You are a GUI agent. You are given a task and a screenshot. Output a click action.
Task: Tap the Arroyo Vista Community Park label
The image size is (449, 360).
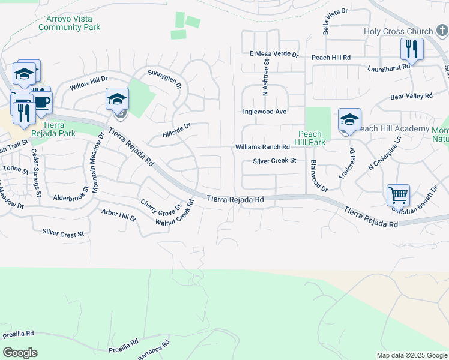click(69, 23)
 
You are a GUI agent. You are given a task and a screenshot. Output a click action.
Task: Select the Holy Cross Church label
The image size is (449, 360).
click(398, 32)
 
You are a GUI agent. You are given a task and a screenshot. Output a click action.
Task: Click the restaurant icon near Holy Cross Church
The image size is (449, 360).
click(412, 49)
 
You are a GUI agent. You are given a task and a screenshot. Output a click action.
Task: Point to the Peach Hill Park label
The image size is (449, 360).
click(311, 138)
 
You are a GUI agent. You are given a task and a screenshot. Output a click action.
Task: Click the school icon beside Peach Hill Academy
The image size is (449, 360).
click(349, 119)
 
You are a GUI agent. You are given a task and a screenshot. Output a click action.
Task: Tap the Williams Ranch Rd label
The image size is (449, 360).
click(262, 147)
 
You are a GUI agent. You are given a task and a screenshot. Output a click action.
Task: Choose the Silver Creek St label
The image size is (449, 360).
click(274, 161)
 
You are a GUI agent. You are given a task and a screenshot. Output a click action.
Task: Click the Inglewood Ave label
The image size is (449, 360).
click(265, 112)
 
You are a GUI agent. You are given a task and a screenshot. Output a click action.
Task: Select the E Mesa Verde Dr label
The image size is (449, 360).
click(274, 54)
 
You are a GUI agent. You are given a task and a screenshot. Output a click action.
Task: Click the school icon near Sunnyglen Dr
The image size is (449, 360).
click(117, 99)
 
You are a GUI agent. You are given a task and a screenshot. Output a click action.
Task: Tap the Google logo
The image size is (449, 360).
click(20, 353)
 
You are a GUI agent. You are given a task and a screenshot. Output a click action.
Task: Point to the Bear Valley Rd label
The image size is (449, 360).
click(411, 96)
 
